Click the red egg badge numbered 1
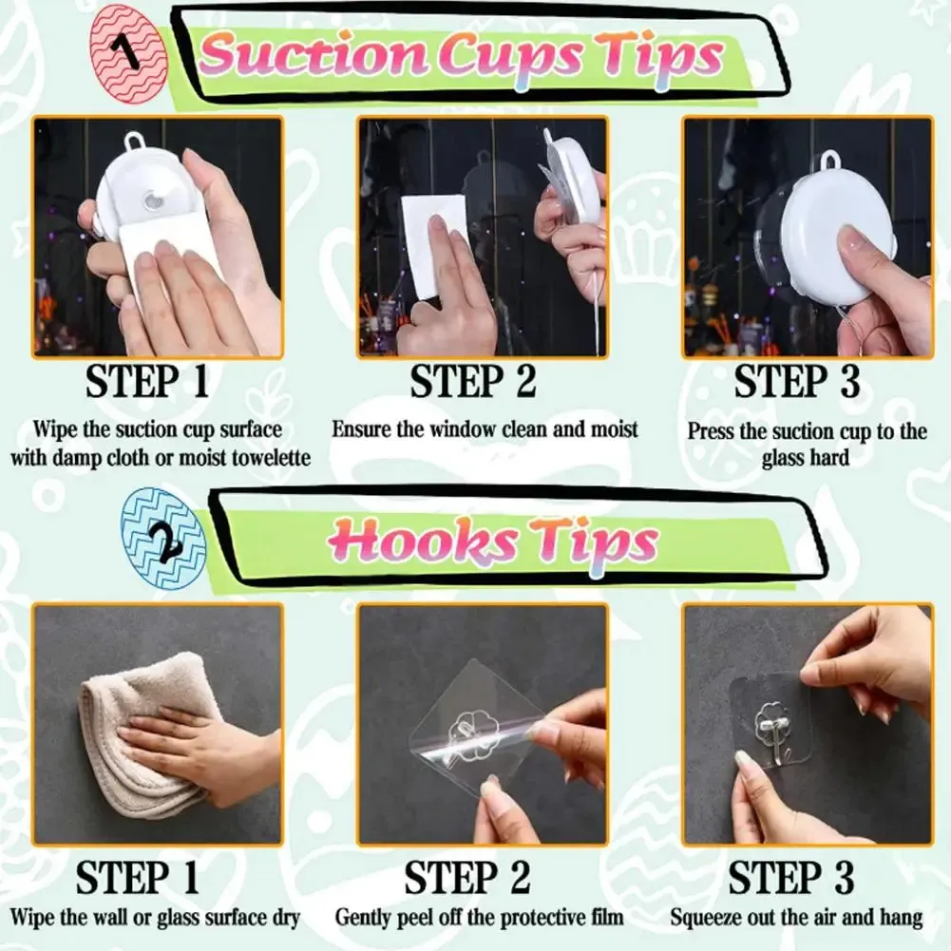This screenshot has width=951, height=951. pos(128,54)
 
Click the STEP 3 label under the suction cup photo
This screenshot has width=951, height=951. pos(797,382)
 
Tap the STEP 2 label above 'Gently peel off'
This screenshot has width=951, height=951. pos(467,877)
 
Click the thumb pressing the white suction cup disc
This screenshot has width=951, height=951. pos(856,249)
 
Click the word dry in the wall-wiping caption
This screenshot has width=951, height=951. pos(284,919)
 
